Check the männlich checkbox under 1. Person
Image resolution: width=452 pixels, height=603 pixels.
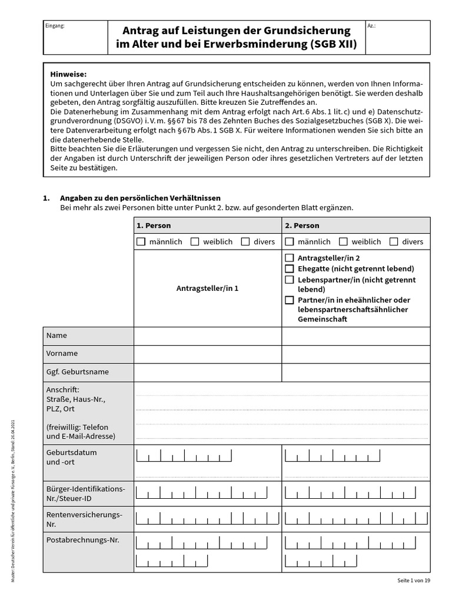pyautogui.click(x=141, y=241)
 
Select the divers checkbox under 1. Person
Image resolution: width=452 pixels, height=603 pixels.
pyautogui.click(x=245, y=241)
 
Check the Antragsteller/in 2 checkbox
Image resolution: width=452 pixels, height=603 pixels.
pyautogui.click(x=290, y=258)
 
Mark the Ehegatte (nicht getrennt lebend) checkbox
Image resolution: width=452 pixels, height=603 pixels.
pyautogui.click(x=290, y=269)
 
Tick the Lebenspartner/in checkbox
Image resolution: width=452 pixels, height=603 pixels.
pyautogui.click(x=290, y=279)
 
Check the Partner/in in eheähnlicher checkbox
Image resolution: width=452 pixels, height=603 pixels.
pyautogui.click(x=290, y=300)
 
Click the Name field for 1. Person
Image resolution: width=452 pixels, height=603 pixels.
pyautogui.click(x=207, y=336)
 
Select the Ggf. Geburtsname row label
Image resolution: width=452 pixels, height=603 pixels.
pyautogui.click(x=77, y=372)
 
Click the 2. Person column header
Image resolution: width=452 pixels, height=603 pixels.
pyautogui.click(x=302, y=226)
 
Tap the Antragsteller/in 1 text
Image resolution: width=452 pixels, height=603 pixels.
pyautogui.click(x=207, y=289)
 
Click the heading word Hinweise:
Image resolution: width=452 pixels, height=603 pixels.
pyautogui.click(x=68, y=74)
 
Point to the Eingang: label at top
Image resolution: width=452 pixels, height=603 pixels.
pyautogui.click(x=55, y=26)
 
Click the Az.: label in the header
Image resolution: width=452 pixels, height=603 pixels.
pyautogui.click(x=371, y=26)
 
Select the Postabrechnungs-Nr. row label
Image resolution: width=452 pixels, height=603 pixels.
pyautogui.click(x=82, y=539)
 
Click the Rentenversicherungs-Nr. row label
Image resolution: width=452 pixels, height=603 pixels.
pyautogui.click(x=84, y=519)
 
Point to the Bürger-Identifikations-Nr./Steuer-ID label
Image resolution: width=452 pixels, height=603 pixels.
pyautogui.click(x=85, y=493)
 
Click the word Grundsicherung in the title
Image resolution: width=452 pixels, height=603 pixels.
pyautogui.click(x=305, y=30)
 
